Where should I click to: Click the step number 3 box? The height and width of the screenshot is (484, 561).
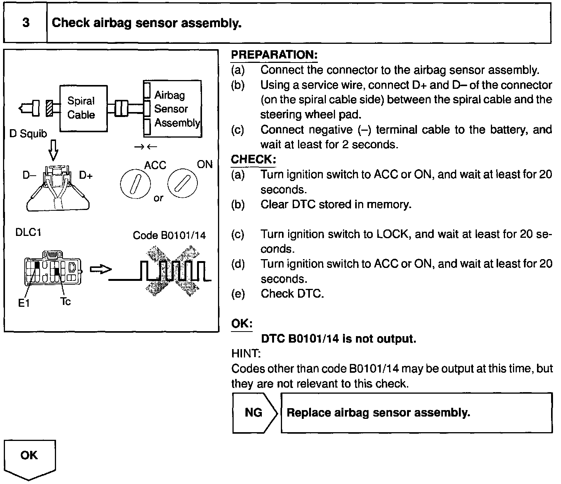(x=26, y=23)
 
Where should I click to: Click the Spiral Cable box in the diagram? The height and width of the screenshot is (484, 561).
(x=83, y=108)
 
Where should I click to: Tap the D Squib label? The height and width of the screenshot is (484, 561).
(x=28, y=134)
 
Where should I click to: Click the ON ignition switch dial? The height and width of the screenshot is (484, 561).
(x=183, y=183)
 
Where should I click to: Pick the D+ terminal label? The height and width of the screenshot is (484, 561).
(x=86, y=175)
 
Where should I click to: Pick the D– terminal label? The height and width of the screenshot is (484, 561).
(x=29, y=176)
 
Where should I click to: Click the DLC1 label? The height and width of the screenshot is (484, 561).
(x=28, y=232)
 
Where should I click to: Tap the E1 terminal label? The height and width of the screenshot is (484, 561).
(x=24, y=303)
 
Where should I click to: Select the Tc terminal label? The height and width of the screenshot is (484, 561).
(x=66, y=302)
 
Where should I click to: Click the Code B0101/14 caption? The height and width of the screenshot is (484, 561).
(x=169, y=236)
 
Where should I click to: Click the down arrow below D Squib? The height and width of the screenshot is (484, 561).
(x=53, y=149)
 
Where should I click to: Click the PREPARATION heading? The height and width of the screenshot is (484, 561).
(x=274, y=55)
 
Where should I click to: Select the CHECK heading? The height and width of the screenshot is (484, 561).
(x=253, y=160)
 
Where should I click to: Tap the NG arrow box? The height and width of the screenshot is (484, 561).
(x=254, y=413)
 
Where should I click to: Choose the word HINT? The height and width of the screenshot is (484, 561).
(x=245, y=354)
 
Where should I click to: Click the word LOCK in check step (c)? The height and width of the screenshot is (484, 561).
(x=393, y=234)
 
